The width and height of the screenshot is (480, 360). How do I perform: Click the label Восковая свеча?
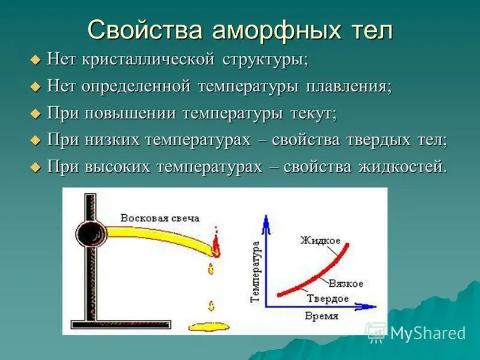160,218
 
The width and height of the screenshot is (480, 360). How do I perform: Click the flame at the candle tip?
215,243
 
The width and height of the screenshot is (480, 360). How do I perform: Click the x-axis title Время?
322,316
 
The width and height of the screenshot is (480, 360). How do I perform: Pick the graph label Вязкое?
346,282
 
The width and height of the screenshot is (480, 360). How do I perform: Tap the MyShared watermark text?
427,333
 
